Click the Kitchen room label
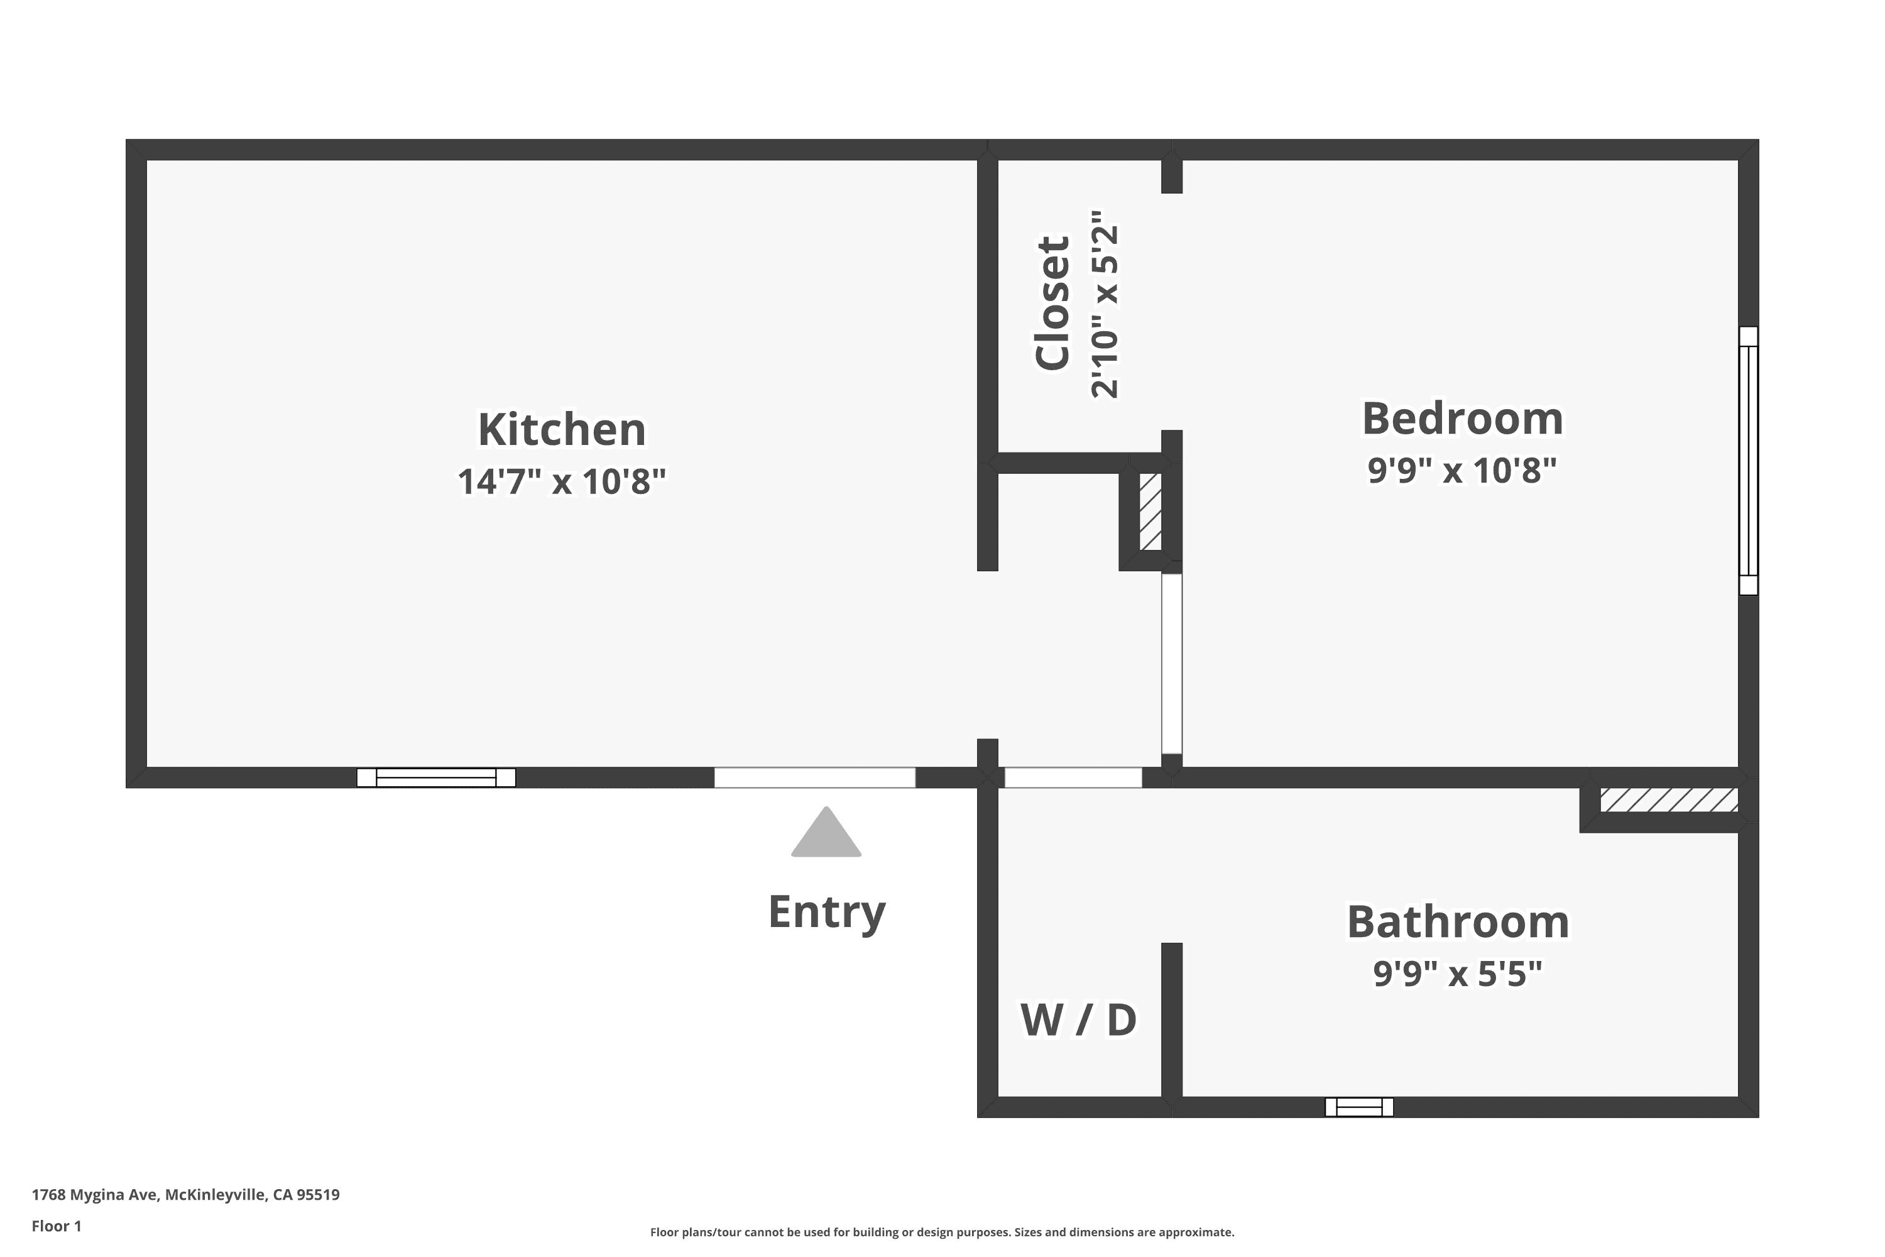tap(562, 430)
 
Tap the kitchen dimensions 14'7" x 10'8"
tap(562, 482)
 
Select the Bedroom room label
tap(1463, 419)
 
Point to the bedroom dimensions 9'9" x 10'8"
tap(1463, 471)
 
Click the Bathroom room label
tap(1458, 922)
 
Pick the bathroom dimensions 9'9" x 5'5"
tap(1458, 974)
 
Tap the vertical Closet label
tap(1053, 303)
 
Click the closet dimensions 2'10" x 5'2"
tap(1105, 305)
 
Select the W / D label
tap(1079, 1019)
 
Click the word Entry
tap(827, 913)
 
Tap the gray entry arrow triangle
tap(826, 833)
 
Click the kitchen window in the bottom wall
tap(436, 777)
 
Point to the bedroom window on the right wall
tap(1748, 461)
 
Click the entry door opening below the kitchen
tap(815, 777)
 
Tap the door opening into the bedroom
tap(1172, 664)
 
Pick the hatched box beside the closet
tap(1151, 512)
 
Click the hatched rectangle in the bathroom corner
tap(1669, 800)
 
